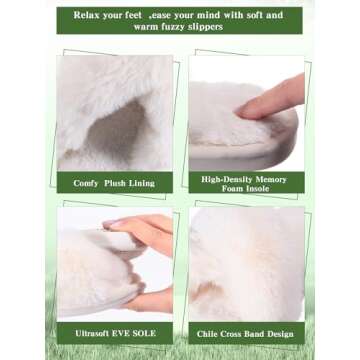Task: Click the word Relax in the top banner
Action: (x=85, y=15)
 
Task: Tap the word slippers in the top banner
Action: (x=206, y=27)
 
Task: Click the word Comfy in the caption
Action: (x=86, y=183)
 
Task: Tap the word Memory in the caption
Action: (x=271, y=179)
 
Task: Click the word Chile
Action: (x=206, y=334)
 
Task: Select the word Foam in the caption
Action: (x=233, y=188)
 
